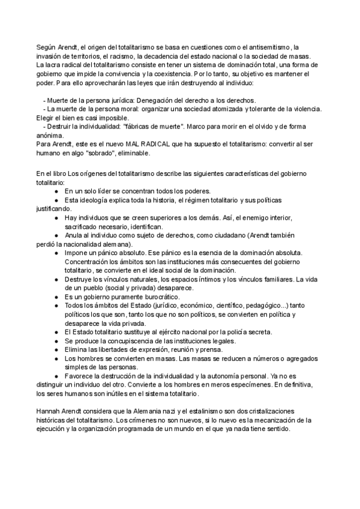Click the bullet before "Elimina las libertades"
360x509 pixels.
tap(55, 349)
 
